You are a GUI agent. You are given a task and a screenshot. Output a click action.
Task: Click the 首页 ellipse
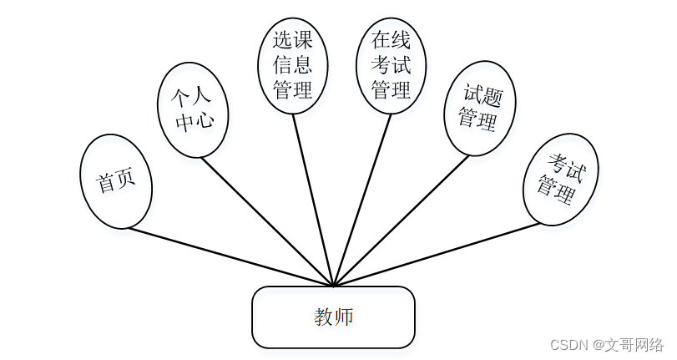point(116,181)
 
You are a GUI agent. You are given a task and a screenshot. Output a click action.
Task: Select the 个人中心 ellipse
point(193,109)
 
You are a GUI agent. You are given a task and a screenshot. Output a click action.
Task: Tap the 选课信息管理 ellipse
point(292,65)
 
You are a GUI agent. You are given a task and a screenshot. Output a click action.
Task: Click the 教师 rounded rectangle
point(333,317)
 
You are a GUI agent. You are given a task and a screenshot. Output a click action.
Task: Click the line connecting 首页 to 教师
point(231,257)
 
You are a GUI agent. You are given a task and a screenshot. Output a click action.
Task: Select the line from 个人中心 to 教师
point(267,221)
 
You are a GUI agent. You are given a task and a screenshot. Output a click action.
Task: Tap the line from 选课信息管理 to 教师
point(313,200)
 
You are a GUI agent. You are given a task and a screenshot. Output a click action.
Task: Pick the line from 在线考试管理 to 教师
point(362,200)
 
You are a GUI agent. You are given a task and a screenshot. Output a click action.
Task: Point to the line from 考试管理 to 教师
point(437,255)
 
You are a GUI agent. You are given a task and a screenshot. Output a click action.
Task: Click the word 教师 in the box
point(333,317)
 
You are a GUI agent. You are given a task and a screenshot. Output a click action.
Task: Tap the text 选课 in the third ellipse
point(292,39)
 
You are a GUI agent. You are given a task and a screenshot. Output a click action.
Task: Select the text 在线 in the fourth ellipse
point(391,39)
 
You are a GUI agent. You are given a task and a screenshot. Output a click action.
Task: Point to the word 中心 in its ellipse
point(194,121)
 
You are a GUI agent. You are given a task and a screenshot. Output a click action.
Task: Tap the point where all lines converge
point(333,286)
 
